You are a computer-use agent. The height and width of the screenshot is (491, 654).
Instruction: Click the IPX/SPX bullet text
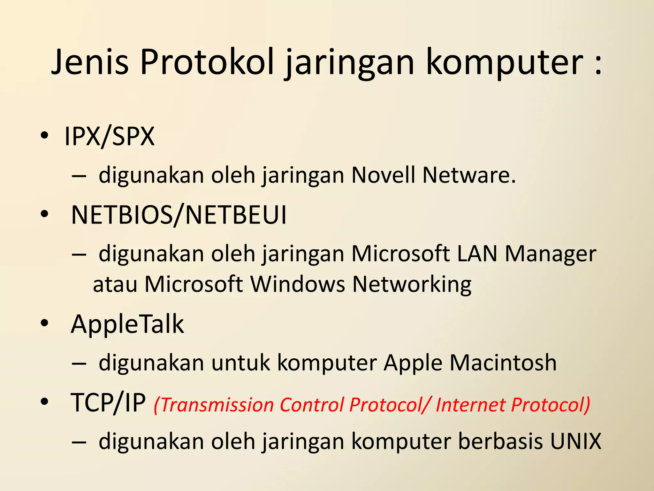(x=110, y=136)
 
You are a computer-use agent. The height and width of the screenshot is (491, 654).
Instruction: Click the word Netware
(x=469, y=175)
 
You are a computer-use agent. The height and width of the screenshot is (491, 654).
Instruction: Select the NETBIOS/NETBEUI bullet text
(x=179, y=215)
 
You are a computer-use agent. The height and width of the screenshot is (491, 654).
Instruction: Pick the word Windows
(x=298, y=284)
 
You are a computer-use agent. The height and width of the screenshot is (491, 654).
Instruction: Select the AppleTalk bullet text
(x=127, y=324)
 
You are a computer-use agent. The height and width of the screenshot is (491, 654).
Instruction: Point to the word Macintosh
(x=503, y=363)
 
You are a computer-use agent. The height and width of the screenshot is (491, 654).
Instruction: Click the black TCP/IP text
(x=108, y=403)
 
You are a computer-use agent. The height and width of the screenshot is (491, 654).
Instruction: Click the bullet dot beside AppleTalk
(x=44, y=323)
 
